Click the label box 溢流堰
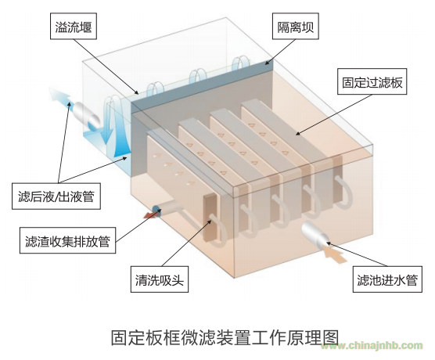74,26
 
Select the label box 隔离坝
296,26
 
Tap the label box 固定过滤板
372,81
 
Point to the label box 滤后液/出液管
56,196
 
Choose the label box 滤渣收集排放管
67,240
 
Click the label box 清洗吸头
160,279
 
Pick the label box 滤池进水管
387,279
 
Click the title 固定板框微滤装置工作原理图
225,337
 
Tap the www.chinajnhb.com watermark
372,346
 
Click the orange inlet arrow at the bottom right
335,254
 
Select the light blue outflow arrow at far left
60,96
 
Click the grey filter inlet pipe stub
315,234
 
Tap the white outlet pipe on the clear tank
85,115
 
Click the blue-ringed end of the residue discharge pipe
157,209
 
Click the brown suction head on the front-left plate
210,216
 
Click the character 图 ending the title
331,337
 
